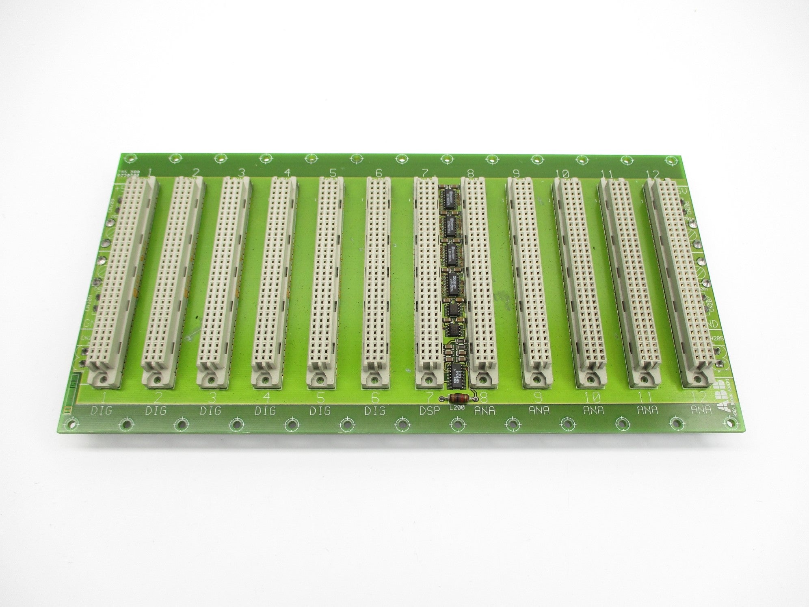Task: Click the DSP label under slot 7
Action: (x=429, y=410)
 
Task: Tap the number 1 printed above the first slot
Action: (x=150, y=173)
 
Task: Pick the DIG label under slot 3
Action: (x=211, y=411)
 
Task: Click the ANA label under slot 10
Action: (x=593, y=410)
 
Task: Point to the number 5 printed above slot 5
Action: (x=333, y=173)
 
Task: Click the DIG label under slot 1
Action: (x=101, y=411)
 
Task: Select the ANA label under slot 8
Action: (x=485, y=410)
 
